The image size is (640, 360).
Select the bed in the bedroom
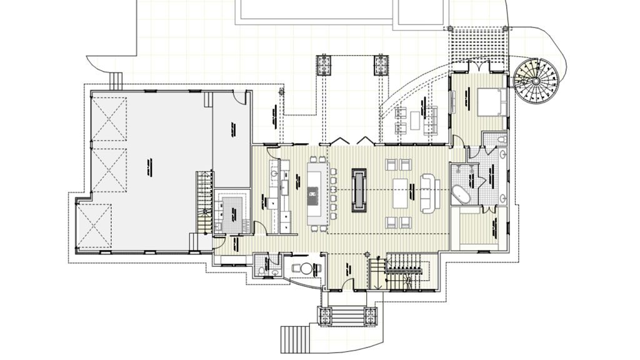tap(490, 101)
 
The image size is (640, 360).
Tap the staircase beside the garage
tap(204, 200)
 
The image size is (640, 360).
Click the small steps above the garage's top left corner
tap(116, 79)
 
